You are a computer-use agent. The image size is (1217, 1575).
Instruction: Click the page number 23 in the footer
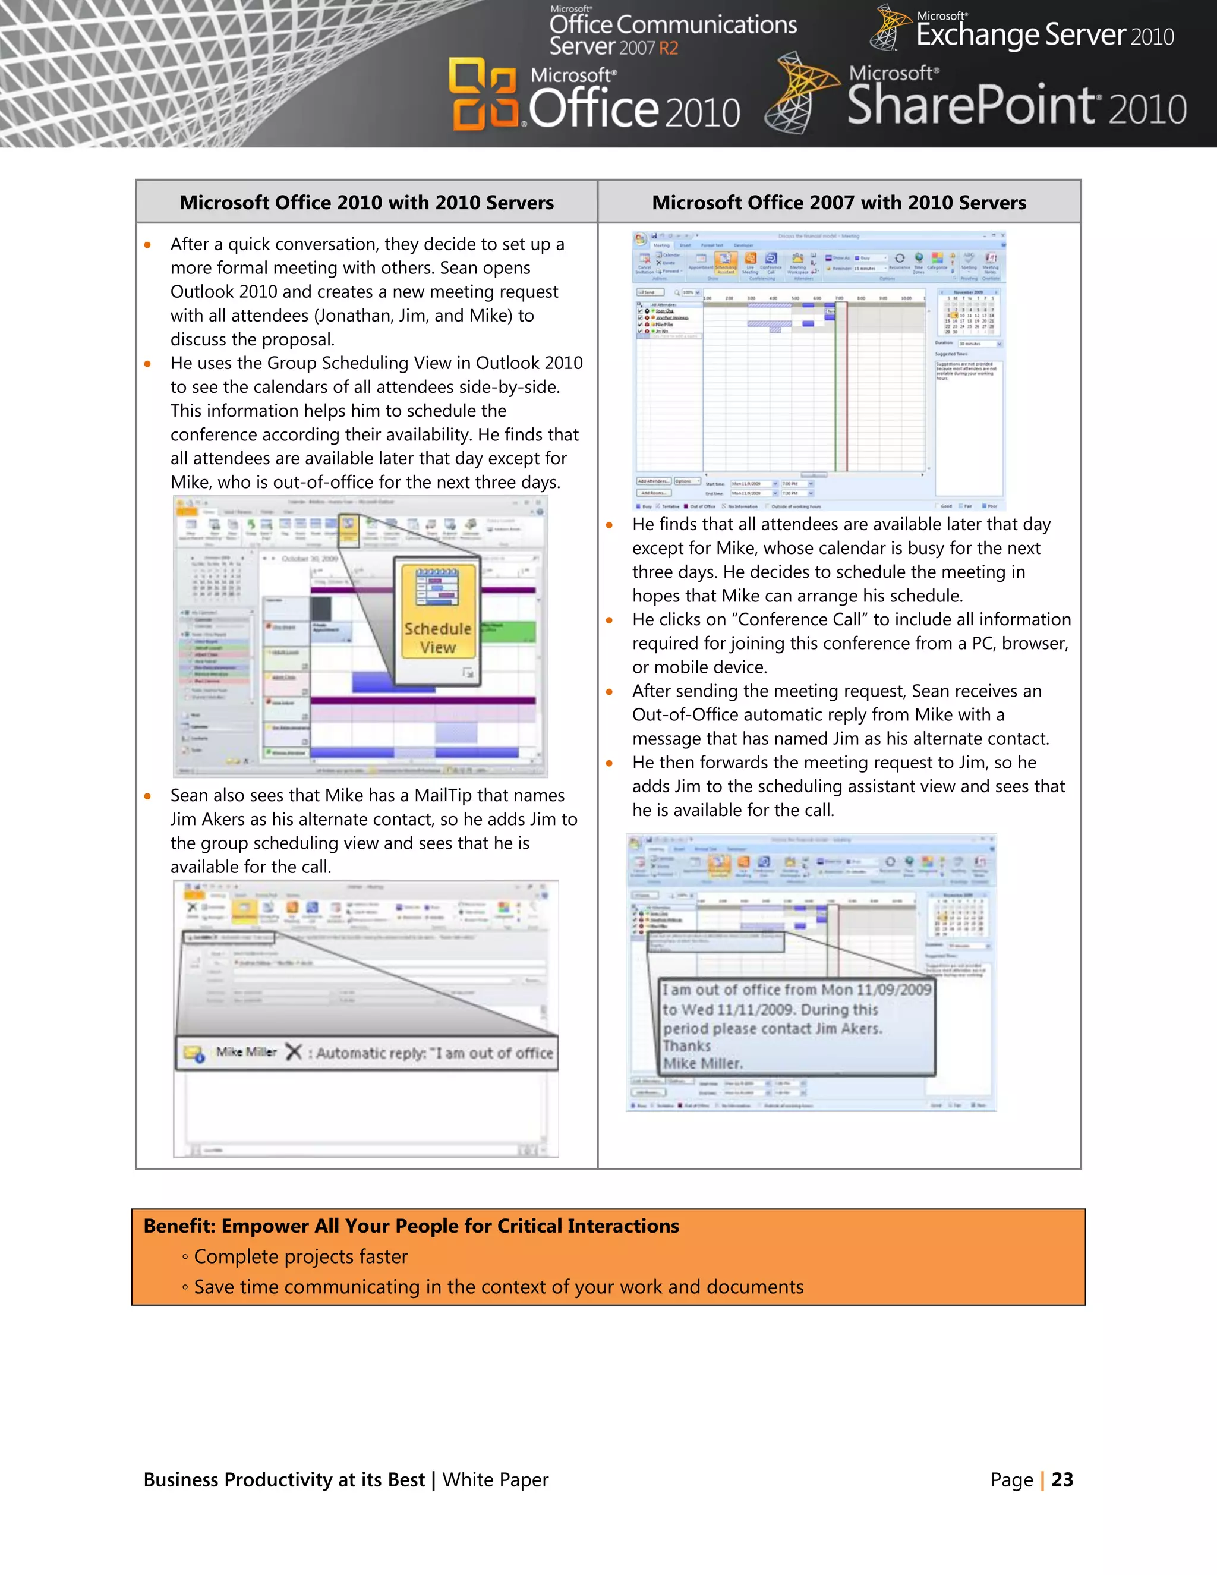1062,1479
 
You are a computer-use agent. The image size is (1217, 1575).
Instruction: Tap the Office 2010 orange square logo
484,94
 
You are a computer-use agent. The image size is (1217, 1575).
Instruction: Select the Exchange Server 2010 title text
1044,34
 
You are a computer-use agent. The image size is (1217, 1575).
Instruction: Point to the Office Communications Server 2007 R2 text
672,34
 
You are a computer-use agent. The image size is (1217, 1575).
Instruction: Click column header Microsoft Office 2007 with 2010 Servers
838,203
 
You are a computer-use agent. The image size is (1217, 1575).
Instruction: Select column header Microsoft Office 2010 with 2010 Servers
366,203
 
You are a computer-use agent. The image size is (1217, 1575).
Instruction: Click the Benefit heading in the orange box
411,1226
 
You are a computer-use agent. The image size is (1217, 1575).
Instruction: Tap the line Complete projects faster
300,1256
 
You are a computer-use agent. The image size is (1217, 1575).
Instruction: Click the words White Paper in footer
496,1480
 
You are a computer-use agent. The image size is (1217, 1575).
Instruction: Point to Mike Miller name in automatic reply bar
246,1052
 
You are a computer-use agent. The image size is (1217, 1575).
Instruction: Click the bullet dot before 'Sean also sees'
148,796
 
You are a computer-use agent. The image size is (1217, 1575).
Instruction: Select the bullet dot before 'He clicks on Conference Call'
610,620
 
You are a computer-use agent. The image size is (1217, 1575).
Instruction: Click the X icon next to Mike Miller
293,1052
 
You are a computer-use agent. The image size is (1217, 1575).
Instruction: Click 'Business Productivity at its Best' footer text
284,1480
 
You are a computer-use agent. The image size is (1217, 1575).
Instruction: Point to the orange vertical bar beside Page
1042,1480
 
